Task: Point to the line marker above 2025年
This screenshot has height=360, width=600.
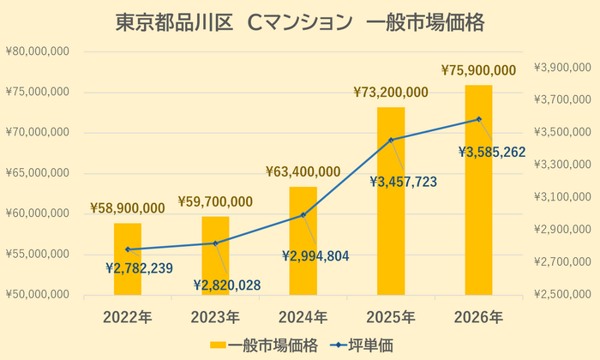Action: click(391, 140)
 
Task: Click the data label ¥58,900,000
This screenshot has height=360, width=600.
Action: click(127, 208)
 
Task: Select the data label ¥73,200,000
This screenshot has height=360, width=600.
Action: click(391, 93)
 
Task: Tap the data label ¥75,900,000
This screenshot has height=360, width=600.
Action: click(478, 70)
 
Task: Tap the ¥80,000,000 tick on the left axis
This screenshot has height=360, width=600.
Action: click(38, 51)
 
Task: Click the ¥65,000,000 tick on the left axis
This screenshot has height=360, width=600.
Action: click(38, 173)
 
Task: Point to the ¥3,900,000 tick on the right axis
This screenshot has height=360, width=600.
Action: click(562, 68)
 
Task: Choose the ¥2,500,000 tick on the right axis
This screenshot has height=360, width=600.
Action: click(562, 295)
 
